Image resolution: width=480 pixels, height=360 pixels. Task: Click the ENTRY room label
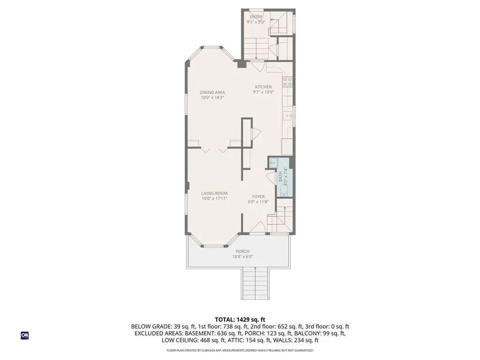256,17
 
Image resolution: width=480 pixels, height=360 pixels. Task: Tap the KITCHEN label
263,87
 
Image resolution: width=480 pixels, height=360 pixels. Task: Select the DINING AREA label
213,92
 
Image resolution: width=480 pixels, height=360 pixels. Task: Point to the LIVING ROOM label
214,193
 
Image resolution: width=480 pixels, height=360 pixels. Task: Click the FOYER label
258,196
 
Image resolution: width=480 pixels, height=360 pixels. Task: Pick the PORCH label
242,251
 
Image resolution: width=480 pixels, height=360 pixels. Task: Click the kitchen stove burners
287,82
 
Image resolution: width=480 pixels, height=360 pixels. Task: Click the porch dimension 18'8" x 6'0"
242,257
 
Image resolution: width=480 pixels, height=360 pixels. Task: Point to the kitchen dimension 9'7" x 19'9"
263,92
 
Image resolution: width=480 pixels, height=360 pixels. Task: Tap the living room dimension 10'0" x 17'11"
214,199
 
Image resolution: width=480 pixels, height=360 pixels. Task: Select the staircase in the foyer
280,217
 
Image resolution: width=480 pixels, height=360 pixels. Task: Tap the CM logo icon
25,335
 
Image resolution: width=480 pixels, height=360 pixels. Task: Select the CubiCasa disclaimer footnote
240,350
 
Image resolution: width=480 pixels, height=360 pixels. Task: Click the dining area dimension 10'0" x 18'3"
213,98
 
